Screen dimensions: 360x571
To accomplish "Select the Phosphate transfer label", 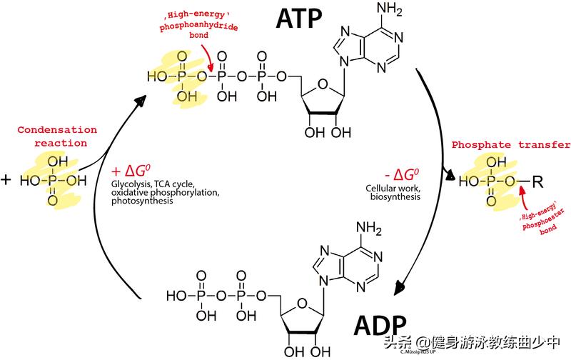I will [510, 144].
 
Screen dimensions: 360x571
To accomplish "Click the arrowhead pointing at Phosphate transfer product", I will [450, 174].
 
